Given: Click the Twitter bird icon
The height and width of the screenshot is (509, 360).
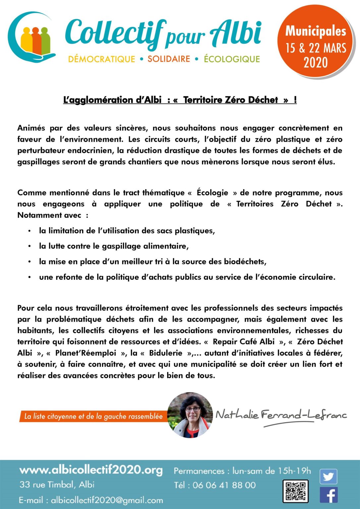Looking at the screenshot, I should (x=328, y=477).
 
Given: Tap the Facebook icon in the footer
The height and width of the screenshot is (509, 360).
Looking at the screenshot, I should (x=329, y=495).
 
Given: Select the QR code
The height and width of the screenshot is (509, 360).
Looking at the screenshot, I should (x=295, y=491).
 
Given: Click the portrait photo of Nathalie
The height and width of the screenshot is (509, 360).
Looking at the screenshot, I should (x=190, y=415).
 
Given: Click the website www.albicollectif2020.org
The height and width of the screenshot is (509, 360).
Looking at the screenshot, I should (x=91, y=470).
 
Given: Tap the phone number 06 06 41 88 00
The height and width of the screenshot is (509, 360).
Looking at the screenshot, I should (x=224, y=485).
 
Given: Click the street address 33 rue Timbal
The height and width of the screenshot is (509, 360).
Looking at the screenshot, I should (x=57, y=484).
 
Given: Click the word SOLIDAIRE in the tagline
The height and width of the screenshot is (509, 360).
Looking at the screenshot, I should (x=169, y=59).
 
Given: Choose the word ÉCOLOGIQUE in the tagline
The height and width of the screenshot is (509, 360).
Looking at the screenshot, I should (x=232, y=59).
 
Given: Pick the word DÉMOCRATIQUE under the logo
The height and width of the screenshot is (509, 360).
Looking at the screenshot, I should (x=101, y=59).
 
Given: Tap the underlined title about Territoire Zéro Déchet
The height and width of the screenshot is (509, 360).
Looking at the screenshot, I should (x=180, y=100).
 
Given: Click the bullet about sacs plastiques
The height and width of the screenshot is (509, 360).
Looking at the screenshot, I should (x=127, y=231).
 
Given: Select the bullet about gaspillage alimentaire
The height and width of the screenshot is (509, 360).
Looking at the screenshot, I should (x=114, y=246).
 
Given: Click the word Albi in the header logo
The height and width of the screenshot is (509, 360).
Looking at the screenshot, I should (x=236, y=33).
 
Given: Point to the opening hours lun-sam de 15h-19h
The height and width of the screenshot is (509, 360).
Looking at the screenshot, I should (x=271, y=471).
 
